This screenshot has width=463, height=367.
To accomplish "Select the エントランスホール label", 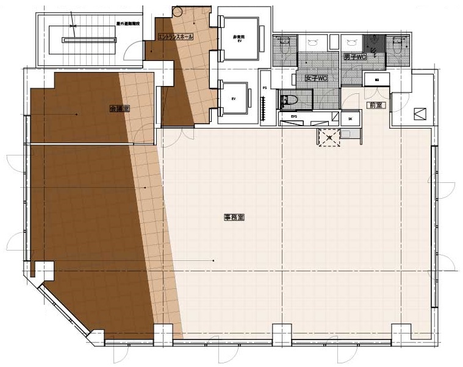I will [176, 37].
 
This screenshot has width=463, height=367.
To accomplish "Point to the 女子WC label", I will [317, 77].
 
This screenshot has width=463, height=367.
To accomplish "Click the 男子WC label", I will [354, 57].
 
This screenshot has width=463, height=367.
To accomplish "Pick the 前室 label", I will [374, 105].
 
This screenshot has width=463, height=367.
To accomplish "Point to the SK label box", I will [350, 119].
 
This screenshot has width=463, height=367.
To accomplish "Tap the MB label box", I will [377, 80].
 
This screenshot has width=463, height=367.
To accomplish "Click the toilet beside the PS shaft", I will [289, 99].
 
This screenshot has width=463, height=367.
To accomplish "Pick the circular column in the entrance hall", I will [178, 10].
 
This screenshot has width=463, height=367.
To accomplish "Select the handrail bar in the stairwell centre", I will [88, 40].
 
